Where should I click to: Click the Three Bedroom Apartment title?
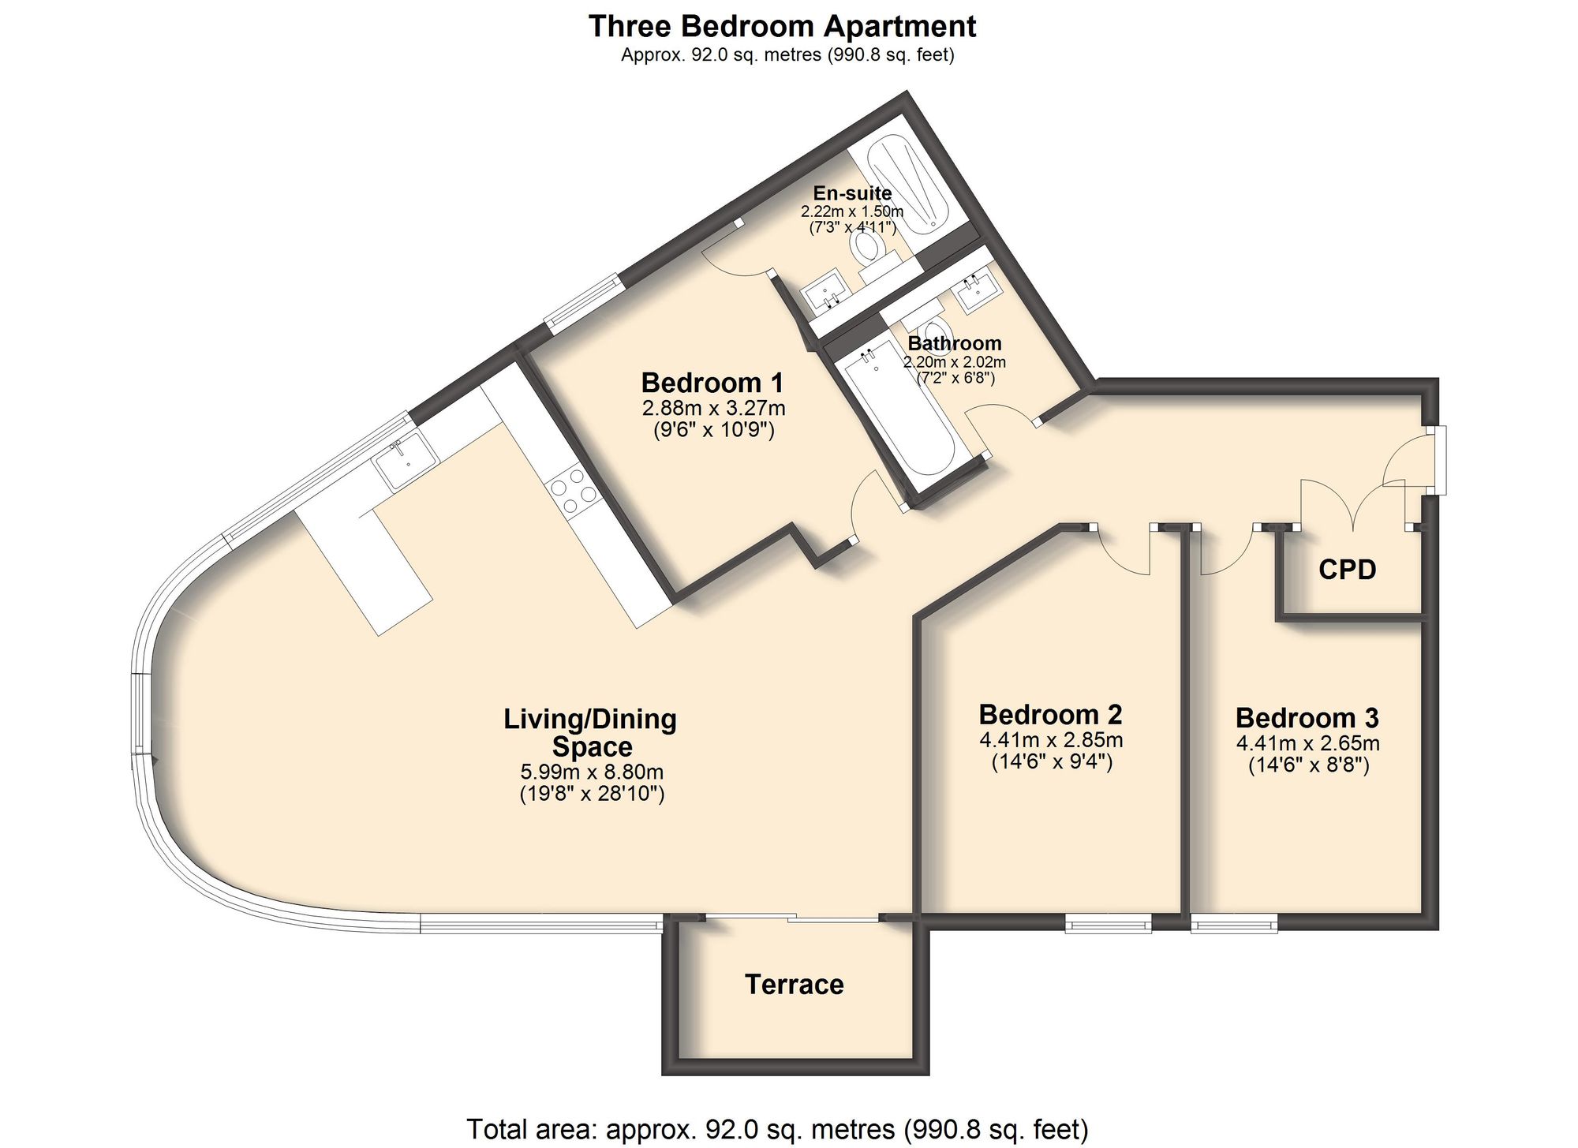tap(782, 26)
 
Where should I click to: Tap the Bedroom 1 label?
tap(712, 383)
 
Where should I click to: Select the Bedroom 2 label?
tap(1050, 714)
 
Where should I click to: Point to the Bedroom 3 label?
tap(1307, 718)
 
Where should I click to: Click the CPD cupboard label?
tap(1347, 569)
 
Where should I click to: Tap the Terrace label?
tap(794, 984)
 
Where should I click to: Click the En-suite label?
tap(852, 193)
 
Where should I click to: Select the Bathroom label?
tap(954, 343)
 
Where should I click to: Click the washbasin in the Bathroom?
tap(978, 292)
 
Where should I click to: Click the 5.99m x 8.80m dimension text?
tap(592, 772)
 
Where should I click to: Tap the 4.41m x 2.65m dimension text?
tap(1307, 743)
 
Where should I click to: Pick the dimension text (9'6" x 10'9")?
tap(714, 430)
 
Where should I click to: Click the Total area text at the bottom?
tap(777, 1129)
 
